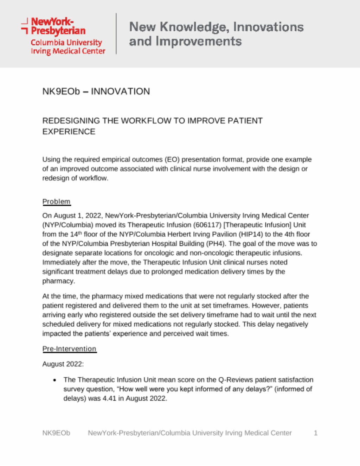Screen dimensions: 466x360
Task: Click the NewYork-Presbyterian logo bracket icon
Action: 24,26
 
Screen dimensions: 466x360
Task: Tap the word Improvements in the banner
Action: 199,42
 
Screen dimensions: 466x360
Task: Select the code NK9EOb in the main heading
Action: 61,91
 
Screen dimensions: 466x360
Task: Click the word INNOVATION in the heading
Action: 120,91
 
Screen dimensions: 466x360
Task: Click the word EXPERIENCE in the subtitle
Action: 69,132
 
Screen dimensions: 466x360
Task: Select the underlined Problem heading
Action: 56,202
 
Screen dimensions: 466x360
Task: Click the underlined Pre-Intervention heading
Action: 69,349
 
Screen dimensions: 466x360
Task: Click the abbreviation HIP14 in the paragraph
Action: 251,234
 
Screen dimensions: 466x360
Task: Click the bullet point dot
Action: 54,380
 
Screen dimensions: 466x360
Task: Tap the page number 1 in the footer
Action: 315,433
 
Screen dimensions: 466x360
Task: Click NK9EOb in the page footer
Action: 56,433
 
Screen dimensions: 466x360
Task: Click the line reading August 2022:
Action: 63,364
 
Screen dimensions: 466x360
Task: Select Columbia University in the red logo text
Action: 66,43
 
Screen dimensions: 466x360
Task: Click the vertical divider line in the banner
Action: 116,34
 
